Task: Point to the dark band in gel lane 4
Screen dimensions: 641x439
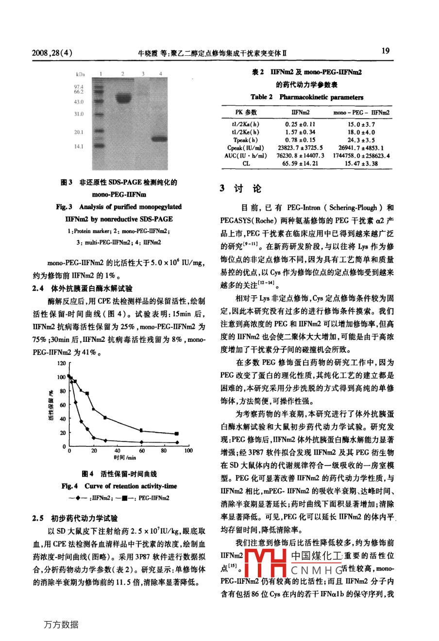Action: click(159, 139)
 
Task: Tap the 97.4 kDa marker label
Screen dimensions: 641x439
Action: click(79, 86)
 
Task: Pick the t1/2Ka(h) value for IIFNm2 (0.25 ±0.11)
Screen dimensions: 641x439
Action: click(300, 124)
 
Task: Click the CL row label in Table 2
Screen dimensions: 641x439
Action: click(246, 164)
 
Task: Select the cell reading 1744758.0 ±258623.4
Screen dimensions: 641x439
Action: click(361, 156)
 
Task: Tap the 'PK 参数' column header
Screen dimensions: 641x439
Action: click(246, 112)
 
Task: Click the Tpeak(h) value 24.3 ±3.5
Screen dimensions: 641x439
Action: click(361, 140)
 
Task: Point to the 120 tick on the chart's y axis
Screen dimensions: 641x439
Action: click(62, 363)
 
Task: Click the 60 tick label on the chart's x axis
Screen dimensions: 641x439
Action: click(141, 451)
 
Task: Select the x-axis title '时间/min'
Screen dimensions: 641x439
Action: click(125, 457)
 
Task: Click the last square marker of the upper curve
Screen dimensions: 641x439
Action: click(177, 433)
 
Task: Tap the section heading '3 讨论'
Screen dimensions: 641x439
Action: click(240, 188)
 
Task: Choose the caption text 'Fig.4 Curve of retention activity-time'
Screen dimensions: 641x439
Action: click(119, 486)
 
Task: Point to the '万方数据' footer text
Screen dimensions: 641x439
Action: click(61, 624)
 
